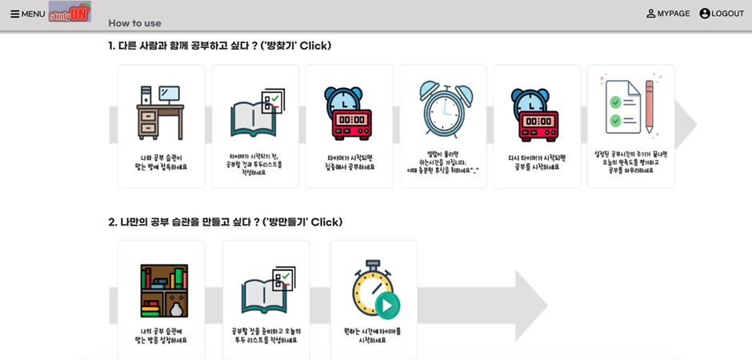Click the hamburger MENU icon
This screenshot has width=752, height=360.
pos(14,14)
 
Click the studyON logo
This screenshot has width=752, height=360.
pos(70,11)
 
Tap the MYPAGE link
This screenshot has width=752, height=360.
pos(668,14)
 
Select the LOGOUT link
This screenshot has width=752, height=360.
pos(722,14)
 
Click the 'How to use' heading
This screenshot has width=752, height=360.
pos(134,23)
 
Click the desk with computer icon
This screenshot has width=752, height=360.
pos(161,113)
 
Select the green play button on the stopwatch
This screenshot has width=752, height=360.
pos(387,305)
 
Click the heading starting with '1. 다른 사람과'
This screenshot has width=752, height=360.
pos(219,46)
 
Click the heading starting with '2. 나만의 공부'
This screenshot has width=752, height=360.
pos(225,222)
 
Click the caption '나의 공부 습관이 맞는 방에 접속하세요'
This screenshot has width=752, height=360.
pos(161,162)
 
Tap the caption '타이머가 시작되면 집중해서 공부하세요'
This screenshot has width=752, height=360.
pos(350,162)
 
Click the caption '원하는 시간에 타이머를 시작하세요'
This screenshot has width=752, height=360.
pos(373,335)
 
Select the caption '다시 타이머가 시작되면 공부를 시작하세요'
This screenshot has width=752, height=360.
pos(537,162)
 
